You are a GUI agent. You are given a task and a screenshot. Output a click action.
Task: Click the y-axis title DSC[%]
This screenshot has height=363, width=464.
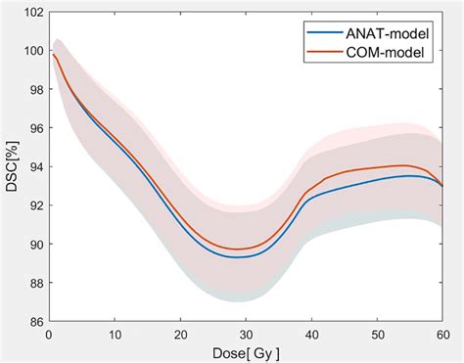click(11, 166)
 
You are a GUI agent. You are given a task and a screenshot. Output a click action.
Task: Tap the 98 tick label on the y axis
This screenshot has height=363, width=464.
click(34, 90)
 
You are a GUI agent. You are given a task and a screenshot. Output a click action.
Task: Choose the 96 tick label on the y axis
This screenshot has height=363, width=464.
click(34, 128)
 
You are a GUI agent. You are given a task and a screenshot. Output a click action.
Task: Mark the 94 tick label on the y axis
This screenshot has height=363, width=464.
click(34, 167)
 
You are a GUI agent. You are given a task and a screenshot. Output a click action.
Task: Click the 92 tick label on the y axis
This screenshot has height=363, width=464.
click(34, 205)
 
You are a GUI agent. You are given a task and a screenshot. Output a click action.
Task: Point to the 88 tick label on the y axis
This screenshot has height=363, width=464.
click(34, 283)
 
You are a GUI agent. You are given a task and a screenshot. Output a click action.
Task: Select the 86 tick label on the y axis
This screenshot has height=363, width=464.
click(34, 321)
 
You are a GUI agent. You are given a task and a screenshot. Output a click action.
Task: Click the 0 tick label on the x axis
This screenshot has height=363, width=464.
click(49, 334)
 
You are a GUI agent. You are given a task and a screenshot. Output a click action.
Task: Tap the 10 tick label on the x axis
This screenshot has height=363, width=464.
click(115, 334)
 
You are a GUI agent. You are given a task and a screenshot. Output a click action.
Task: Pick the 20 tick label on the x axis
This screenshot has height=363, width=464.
click(180, 334)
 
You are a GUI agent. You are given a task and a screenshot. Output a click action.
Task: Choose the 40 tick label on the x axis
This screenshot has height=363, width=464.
click(311, 334)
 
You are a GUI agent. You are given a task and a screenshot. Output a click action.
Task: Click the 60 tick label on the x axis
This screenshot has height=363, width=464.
click(441, 334)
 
